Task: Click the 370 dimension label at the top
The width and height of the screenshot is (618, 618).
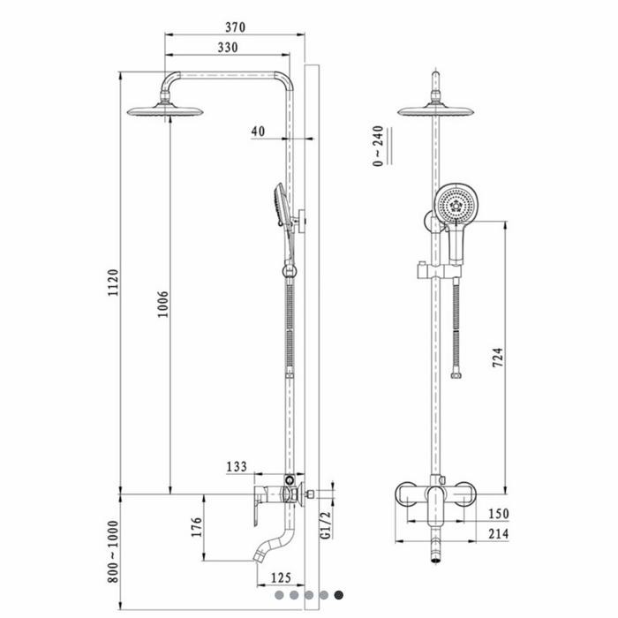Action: click(236, 27)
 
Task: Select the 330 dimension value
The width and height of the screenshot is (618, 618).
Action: click(228, 48)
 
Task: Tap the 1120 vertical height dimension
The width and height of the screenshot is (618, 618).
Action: click(114, 283)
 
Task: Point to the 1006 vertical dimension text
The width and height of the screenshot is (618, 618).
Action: click(162, 305)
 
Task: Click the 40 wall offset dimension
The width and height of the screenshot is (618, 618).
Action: click(258, 132)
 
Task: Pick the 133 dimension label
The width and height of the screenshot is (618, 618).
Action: click(237, 467)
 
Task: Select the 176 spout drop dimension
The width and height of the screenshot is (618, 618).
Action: click(196, 527)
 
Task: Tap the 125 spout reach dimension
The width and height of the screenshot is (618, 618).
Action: click(281, 577)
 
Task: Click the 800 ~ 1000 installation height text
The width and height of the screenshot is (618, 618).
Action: click(113, 552)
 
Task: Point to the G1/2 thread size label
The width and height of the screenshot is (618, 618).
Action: click(326, 524)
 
